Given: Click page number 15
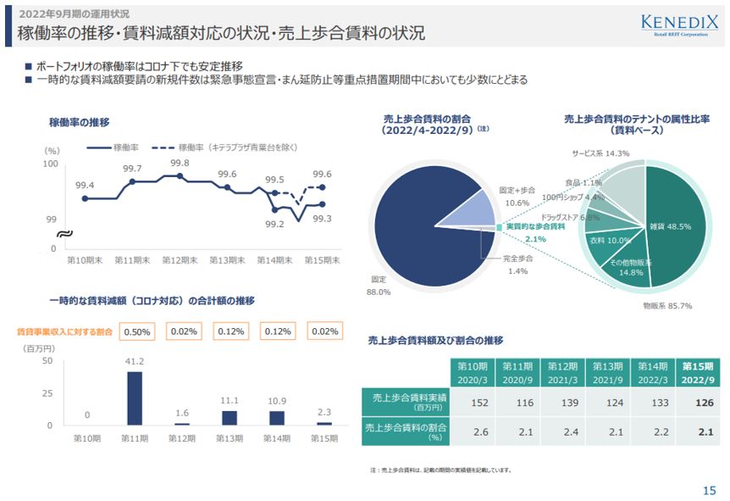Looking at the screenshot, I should pyautogui.click(x=709, y=490).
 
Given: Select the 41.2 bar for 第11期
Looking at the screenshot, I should pyautogui.click(x=134, y=398).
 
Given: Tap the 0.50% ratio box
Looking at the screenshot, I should pyautogui.click(x=137, y=331).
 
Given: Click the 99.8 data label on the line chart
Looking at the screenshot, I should pyautogui.click(x=180, y=163).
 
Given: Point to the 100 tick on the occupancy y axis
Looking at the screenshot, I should pyautogui.click(x=50, y=164).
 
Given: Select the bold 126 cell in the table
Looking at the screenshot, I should pyautogui.click(x=697, y=402).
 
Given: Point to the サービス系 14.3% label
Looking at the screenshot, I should pyautogui.click(x=600, y=153).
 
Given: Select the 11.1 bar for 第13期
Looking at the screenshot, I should pyautogui.click(x=229, y=417).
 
